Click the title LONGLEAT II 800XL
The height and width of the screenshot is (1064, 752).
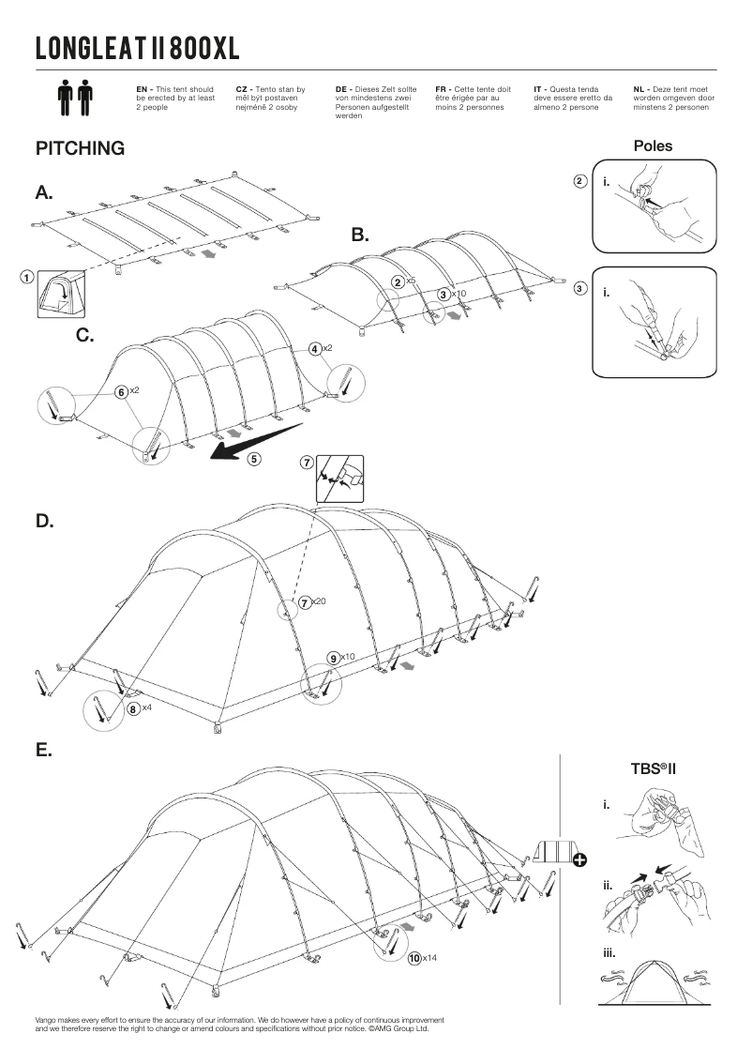[x=138, y=48]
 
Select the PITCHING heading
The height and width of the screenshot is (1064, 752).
[x=80, y=148]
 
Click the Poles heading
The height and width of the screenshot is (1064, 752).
[x=653, y=145]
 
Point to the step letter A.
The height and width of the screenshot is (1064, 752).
[x=44, y=193]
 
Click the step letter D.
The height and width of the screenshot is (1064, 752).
[x=44, y=521]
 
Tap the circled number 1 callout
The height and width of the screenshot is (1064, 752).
[x=27, y=278]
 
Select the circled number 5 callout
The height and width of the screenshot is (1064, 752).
[x=254, y=459]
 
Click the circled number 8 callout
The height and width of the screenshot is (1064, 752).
[x=133, y=708]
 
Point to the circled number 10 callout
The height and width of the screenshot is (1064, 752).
[x=414, y=958]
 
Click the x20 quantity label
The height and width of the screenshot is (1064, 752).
[x=318, y=601]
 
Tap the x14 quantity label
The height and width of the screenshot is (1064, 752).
[x=429, y=958]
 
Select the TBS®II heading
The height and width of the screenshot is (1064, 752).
[x=654, y=768]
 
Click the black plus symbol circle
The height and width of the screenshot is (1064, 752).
[x=579, y=859]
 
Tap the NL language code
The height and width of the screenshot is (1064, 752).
[x=639, y=88]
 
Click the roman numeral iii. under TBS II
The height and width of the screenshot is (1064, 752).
[x=609, y=953]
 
